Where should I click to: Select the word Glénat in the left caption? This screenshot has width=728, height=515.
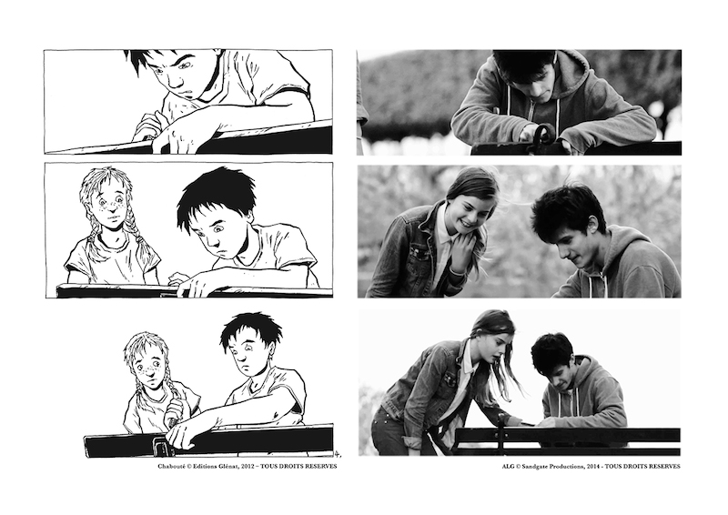point(227,466)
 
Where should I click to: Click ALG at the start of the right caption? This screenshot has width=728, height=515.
point(507,466)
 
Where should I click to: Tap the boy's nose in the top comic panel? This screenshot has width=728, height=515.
point(176,82)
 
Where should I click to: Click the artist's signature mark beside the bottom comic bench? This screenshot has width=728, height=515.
point(337,454)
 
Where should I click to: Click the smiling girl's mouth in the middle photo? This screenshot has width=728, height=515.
point(464,225)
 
